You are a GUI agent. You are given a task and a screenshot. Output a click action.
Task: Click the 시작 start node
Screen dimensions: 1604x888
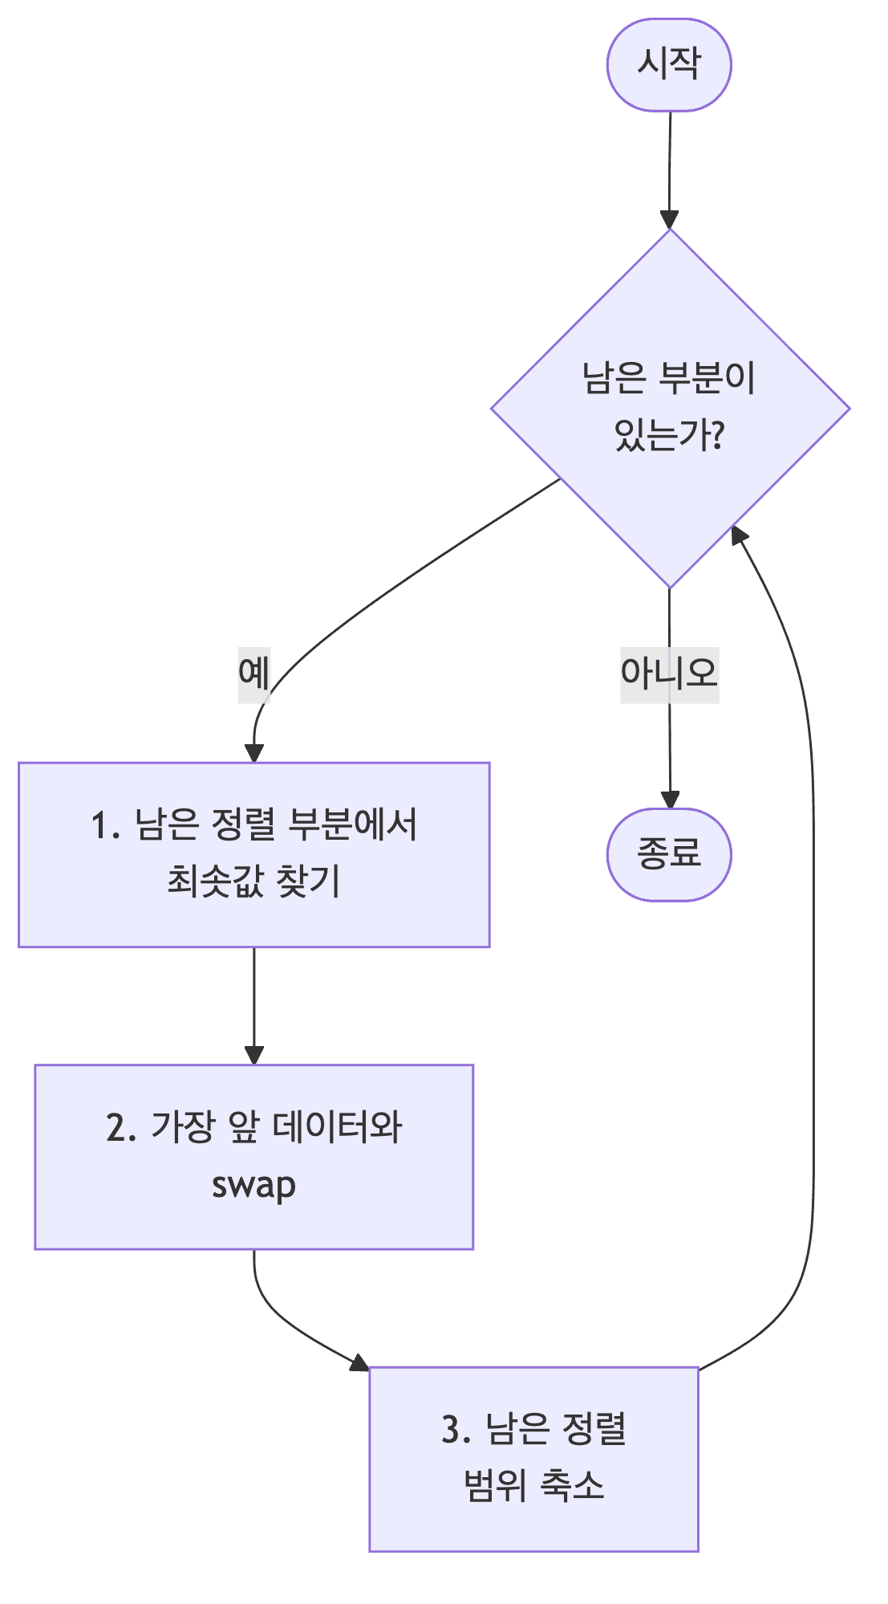coord(668,64)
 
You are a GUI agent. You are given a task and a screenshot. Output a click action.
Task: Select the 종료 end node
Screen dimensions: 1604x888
coord(668,853)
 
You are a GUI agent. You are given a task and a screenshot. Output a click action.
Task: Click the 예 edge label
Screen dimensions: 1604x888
coord(253,674)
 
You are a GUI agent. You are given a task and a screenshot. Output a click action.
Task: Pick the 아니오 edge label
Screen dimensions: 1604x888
coord(669,674)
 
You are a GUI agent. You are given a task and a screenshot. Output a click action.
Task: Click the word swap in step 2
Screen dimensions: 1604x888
coord(253,1186)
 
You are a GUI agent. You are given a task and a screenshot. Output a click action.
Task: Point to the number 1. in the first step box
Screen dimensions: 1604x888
coord(105,826)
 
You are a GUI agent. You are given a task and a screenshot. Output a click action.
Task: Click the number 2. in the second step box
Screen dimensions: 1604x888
coord(121,1128)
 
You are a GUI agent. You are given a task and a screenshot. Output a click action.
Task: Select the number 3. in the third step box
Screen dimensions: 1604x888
coord(456,1430)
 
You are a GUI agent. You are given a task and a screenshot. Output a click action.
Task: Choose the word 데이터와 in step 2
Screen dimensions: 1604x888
coord(337,1128)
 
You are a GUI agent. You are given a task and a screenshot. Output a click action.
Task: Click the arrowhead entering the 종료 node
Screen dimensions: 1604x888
coord(669,800)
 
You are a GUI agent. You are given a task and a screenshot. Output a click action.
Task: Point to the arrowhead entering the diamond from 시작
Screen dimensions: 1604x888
coord(669,220)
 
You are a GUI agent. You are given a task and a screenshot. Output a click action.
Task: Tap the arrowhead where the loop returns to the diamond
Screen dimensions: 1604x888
coord(737,536)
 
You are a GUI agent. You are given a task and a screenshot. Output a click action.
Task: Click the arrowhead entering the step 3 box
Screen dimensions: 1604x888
coord(359,1362)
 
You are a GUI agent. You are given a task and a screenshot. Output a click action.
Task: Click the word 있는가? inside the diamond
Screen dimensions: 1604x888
coord(670,436)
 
